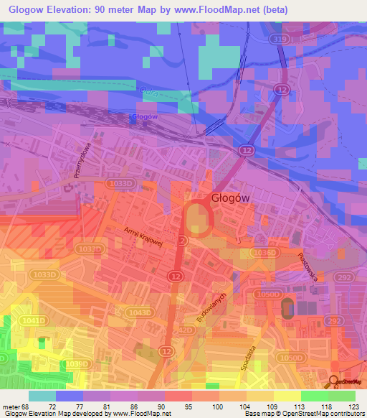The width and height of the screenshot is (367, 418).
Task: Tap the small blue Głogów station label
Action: pyautogui.click(x=145, y=117)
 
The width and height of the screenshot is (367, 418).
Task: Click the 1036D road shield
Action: pyautogui.click(x=264, y=252)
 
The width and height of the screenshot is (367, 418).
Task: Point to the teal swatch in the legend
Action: pyautogui.click(x=42, y=395)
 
